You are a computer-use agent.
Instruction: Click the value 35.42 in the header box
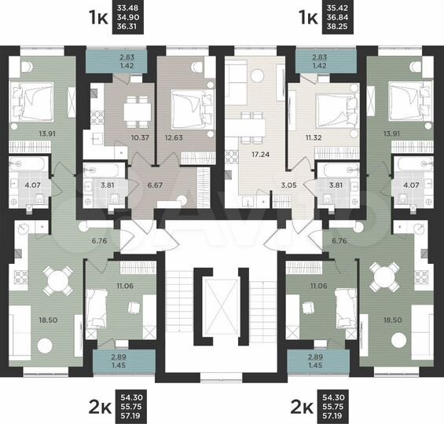[x=337, y=9]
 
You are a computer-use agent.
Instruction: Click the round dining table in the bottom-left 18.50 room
[x=53, y=280]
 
